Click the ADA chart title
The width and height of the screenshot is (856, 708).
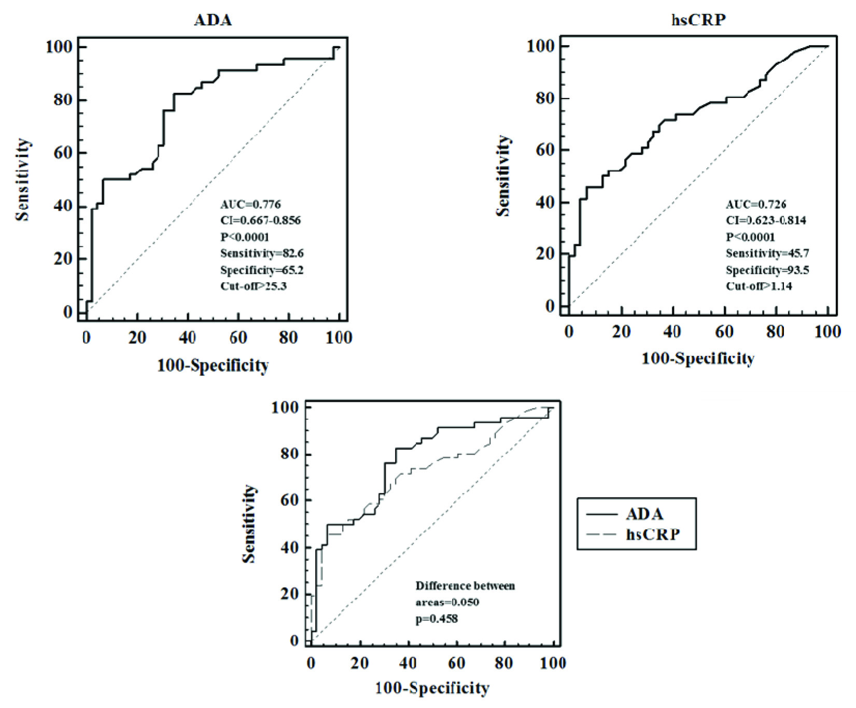pyautogui.click(x=213, y=20)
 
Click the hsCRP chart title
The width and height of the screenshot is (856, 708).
pyautogui.click(x=698, y=20)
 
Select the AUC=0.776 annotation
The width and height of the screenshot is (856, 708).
pyautogui.click(x=250, y=204)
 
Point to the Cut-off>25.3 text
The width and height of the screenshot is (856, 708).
pyautogui.click(x=253, y=286)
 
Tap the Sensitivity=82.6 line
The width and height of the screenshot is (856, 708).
pyautogui.click(x=262, y=253)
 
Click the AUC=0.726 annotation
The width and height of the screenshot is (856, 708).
pyautogui.click(x=755, y=204)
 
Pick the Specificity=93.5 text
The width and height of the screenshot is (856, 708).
pyautogui.click(x=767, y=270)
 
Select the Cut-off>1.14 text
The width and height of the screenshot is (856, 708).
pyautogui.click(x=759, y=286)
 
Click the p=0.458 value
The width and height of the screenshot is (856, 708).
pyautogui.click(x=437, y=618)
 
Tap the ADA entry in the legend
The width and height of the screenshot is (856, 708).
pyautogui.click(x=644, y=514)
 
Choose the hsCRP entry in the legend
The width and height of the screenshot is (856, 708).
pyautogui.click(x=653, y=534)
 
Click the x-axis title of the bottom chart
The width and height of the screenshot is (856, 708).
pyautogui.click(x=432, y=688)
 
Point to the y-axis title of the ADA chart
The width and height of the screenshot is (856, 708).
pyautogui.click(x=22, y=179)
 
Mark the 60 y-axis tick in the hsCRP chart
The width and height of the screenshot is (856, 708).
pyautogui.click(x=545, y=150)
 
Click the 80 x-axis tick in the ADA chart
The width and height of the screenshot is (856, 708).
pyautogui.click(x=288, y=338)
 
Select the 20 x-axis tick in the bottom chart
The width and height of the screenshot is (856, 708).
pyautogui.click(x=359, y=663)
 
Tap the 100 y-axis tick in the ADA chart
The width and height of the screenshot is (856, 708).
pyautogui.click(x=59, y=47)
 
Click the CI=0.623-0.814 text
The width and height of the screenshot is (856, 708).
pyautogui.click(x=766, y=220)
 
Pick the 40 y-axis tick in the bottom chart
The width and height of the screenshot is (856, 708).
pyautogui.click(x=289, y=547)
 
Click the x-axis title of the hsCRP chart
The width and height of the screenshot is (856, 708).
pyautogui.click(x=698, y=359)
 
